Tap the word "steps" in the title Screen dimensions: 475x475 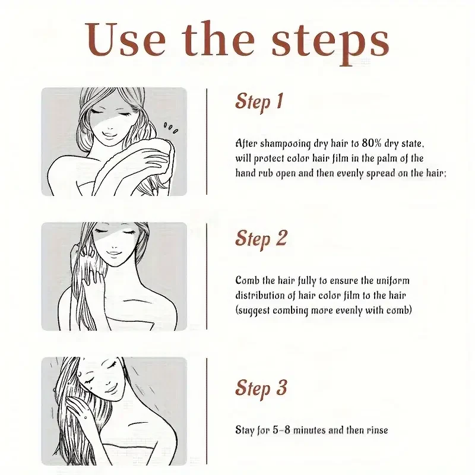point(330,40)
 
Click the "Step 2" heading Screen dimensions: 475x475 point(261,238)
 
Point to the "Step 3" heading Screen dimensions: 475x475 point(261,388)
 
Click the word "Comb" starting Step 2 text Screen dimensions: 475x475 point(247,280)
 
